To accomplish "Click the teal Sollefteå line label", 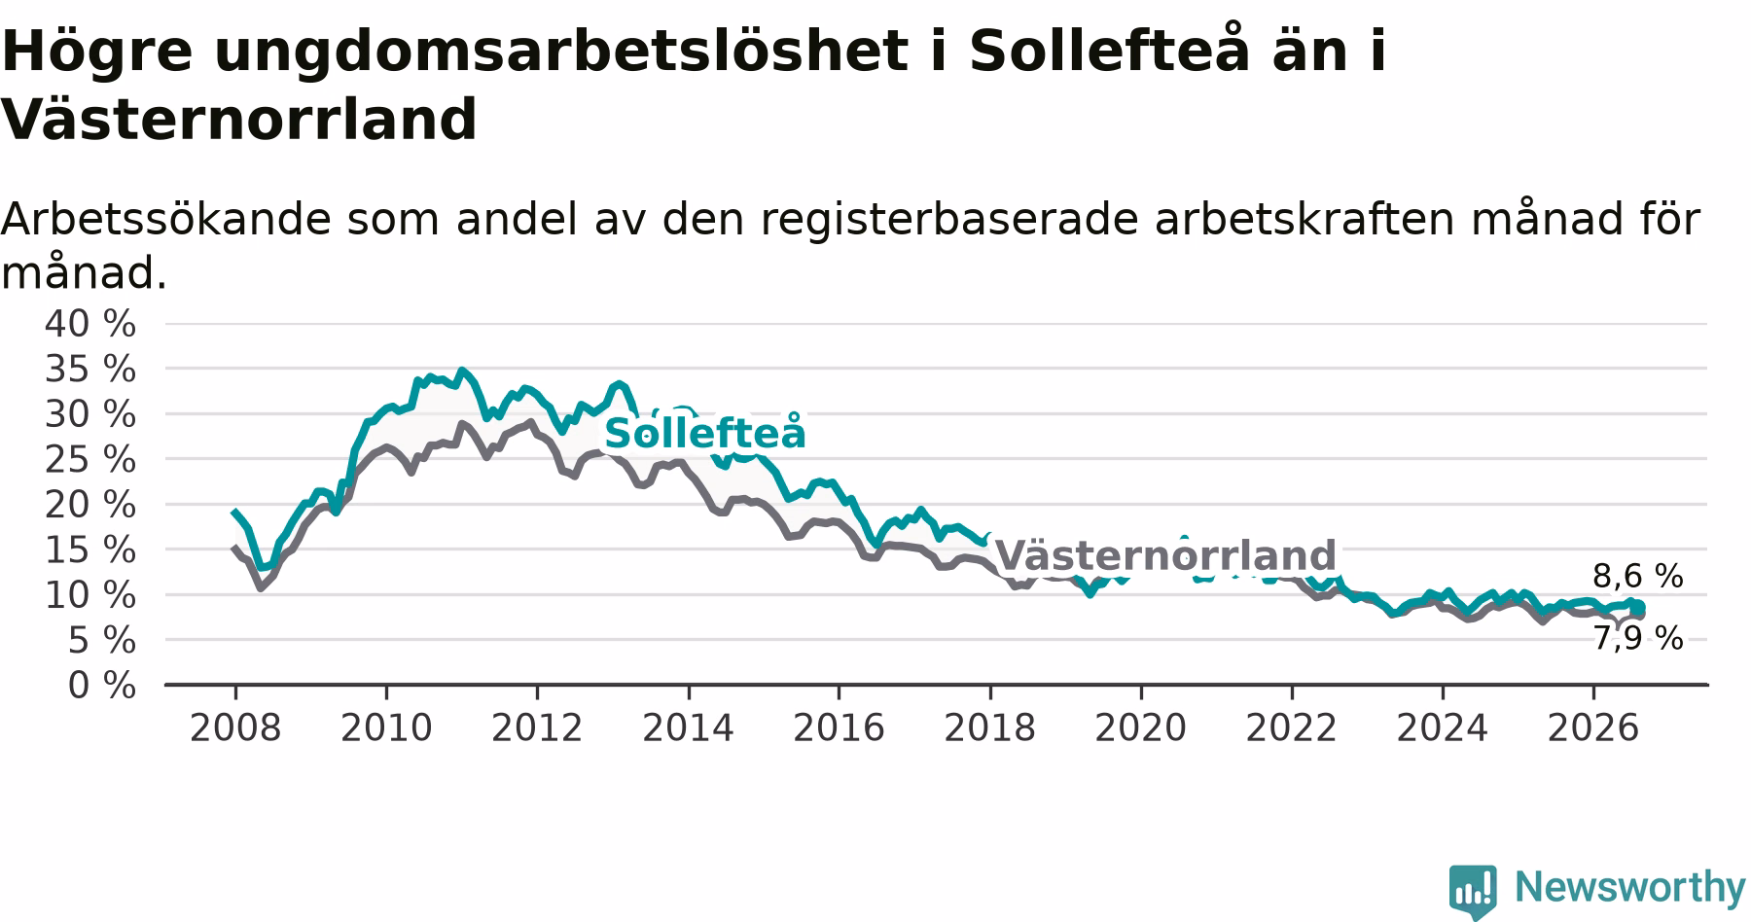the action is [705, 433].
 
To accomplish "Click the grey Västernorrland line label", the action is [1165, 555].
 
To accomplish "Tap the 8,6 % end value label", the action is [1637, 576].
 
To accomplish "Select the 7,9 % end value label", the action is [1637, 638].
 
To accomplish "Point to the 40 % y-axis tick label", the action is [90, 324].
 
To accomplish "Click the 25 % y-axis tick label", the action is [90, 459].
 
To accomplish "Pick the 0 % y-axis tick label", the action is [101, 686].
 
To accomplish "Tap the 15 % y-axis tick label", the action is [90, 550].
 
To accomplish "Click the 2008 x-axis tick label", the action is [234, 727].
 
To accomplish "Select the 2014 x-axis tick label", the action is [688, 727].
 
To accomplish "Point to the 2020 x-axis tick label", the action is [1140, 727].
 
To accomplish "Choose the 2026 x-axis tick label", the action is [1593, 727].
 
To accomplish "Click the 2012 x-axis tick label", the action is [537, 727].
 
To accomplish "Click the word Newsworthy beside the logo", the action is [1630, 887].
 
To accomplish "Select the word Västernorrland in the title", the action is [239, 120].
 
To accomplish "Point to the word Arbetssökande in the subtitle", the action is [166, 220].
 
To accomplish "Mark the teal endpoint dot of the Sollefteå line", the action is [1639, 607].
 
